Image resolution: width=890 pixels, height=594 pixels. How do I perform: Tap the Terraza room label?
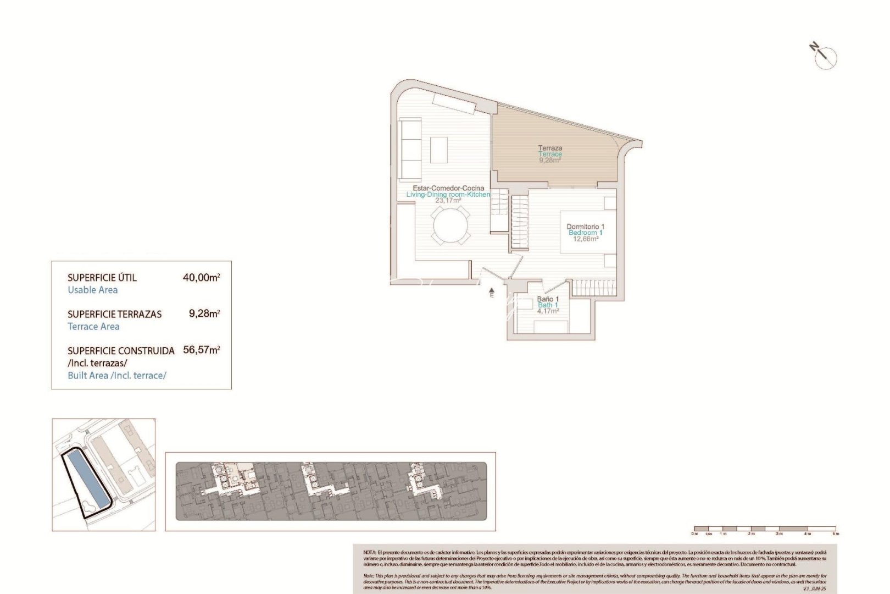click(550, 148)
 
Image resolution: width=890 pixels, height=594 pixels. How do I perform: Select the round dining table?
click(450, 226)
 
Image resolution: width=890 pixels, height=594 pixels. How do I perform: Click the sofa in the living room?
click(409, 147)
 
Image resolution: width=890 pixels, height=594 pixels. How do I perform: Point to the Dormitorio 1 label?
click(585, 227)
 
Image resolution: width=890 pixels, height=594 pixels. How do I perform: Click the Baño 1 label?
click(548, 299)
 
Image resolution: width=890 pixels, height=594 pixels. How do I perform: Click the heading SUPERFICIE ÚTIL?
click(102, 278)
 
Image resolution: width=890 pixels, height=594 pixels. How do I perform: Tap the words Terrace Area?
click(93, 327)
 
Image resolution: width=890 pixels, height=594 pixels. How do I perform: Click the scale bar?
click(765, 529)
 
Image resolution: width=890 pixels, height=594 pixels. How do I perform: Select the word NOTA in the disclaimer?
click(370, 552)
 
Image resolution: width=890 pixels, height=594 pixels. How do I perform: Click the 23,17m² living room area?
click(448, 201)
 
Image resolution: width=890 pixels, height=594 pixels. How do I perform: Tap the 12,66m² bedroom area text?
click(585, 239)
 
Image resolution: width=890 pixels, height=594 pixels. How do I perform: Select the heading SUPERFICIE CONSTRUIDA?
click(121, 351)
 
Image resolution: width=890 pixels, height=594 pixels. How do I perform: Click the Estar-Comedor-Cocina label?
click(448, 188)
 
